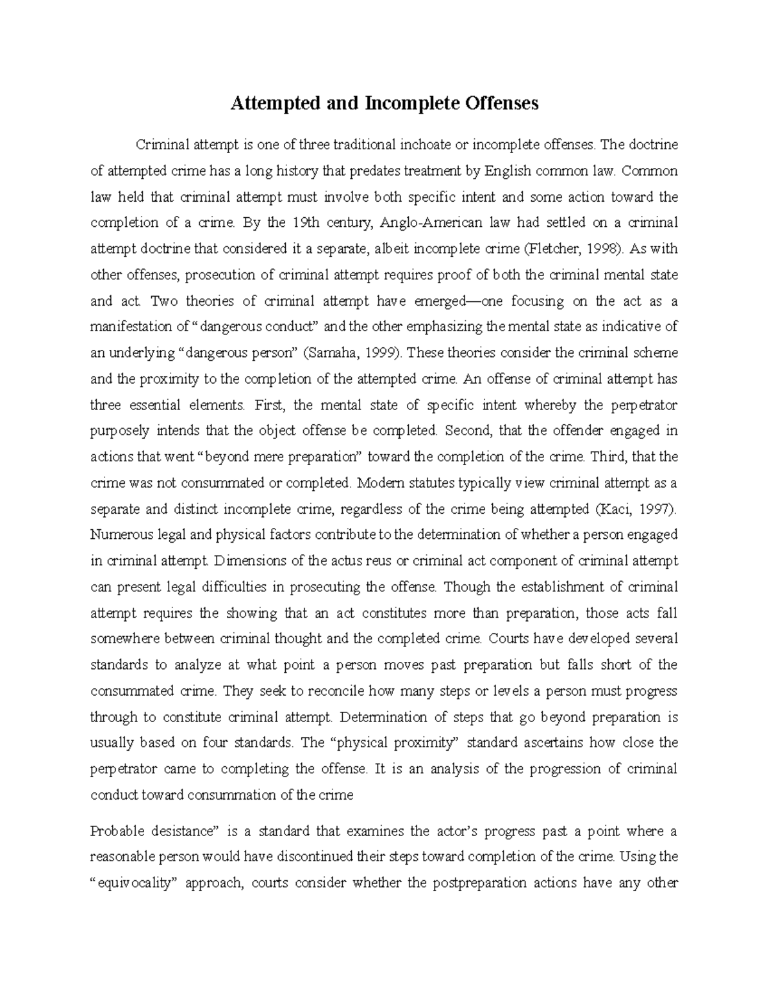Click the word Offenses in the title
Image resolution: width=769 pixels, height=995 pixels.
502,103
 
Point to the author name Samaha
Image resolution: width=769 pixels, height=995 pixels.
329,353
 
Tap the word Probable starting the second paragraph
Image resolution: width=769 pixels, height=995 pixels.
113,832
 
